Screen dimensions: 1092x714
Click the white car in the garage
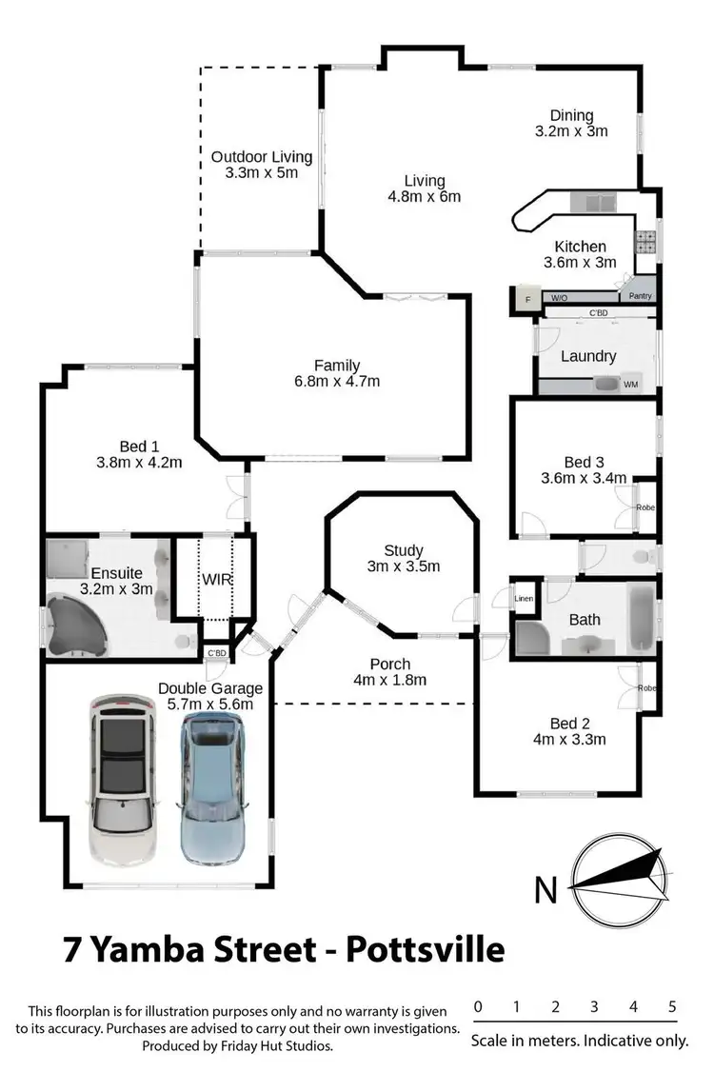[x=121, y=776]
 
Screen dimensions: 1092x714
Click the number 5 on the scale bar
[x=672, y=1007]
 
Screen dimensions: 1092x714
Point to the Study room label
[x=403, y=550]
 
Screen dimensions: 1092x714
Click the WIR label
[x=216, y=579]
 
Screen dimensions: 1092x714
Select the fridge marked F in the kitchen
[x=526, y=301]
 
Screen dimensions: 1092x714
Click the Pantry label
[x=640, y=296]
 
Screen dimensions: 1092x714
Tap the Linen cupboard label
[x=524, y=599]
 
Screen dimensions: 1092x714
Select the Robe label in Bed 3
[x=645, y=507]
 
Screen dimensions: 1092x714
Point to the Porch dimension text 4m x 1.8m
[x=389, y=680]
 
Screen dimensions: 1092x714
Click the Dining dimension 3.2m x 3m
[x=571, y=131]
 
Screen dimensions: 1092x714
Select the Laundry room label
[x=588, y=356]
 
